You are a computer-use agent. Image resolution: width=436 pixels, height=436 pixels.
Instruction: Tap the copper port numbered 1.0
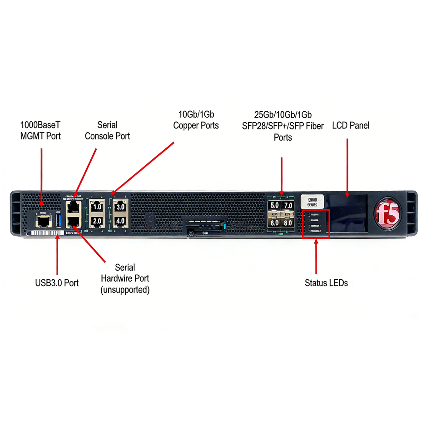97,207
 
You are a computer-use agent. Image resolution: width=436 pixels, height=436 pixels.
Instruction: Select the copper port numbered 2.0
97,222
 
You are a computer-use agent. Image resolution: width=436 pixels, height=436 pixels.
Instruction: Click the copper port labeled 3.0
120,207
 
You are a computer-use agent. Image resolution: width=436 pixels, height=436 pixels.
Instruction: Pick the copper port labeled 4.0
120,222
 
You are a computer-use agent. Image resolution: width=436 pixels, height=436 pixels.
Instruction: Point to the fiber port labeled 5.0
274,206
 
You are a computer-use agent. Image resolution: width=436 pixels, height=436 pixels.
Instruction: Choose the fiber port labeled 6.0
274,223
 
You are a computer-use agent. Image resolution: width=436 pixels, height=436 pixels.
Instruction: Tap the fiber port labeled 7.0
288,206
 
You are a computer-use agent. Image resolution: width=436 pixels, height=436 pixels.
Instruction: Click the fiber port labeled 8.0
288,223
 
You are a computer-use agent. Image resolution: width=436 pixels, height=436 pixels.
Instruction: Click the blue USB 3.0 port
58,221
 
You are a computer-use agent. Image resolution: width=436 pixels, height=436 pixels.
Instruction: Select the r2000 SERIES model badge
312,201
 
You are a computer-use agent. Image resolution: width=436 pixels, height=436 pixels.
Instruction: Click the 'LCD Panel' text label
351,125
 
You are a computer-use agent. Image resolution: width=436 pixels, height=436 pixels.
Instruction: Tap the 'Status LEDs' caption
326,283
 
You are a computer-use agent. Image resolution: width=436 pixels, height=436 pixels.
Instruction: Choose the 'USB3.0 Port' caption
57,283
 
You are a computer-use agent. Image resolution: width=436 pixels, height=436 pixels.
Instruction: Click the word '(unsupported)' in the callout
125,289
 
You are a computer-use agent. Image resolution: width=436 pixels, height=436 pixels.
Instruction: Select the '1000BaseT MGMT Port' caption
40,130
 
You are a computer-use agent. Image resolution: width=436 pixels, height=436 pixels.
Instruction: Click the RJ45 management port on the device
44,221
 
